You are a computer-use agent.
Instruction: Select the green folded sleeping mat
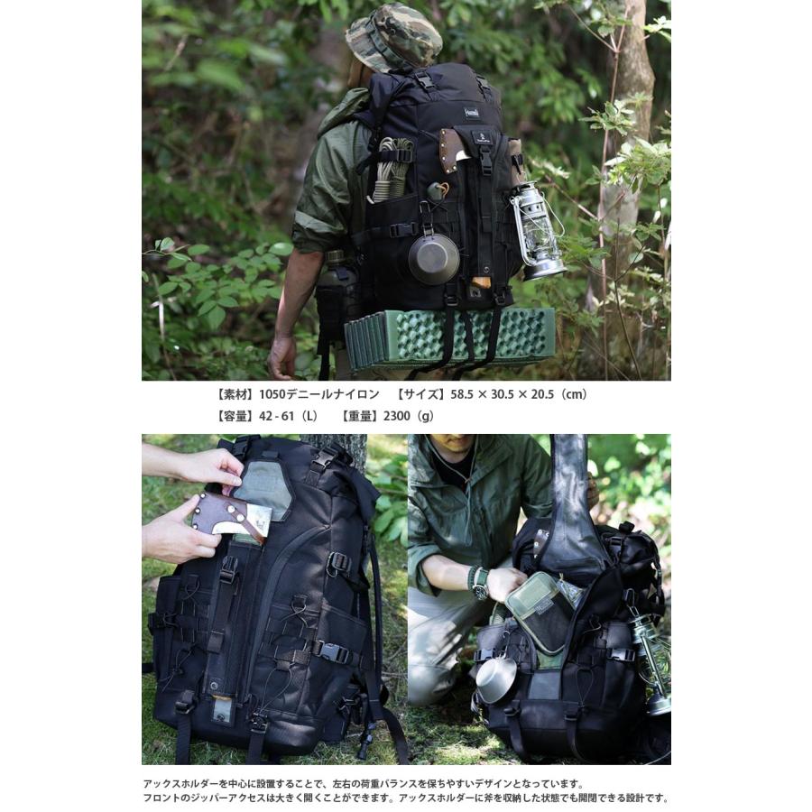coord(449,337)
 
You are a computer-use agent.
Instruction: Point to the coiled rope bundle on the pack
coord(390,167)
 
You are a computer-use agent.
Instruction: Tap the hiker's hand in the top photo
coord(281,357)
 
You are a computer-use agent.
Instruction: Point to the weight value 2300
coord(396,416)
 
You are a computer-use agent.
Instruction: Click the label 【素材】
coord(235,394)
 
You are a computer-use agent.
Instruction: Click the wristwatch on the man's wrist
coord(478,582)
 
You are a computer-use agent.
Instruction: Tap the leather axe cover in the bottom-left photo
coord(229,518)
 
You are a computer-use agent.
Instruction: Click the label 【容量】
coord(235,416)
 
